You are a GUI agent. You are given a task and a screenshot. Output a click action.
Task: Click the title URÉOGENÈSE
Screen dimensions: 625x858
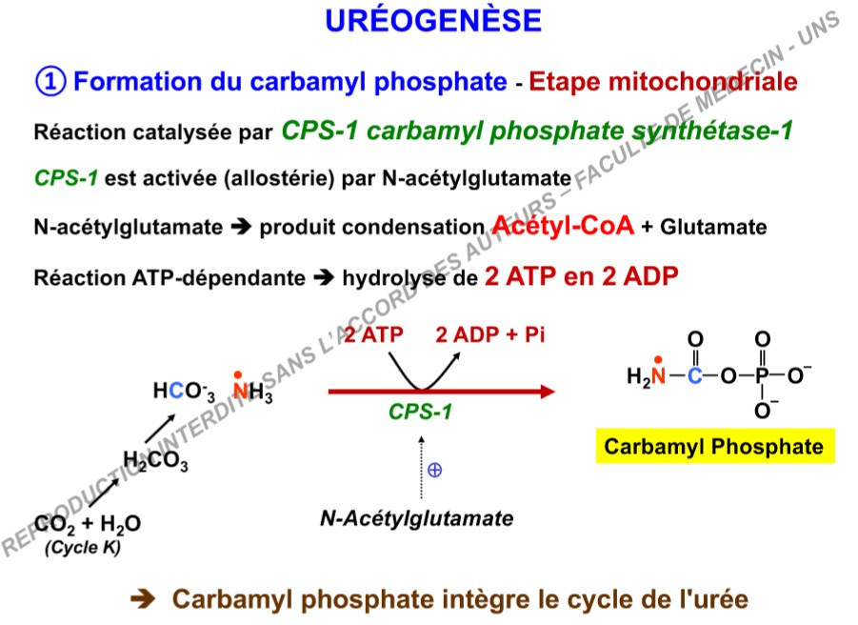point(433,21)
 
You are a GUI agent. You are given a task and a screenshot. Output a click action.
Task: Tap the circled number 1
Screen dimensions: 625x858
point(50,81)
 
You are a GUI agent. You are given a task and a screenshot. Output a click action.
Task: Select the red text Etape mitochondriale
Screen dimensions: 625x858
point(663,81)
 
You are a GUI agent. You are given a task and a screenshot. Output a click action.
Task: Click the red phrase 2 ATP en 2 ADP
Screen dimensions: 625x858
point(579,277)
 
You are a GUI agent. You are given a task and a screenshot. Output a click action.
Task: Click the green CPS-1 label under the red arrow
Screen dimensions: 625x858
point(420,413)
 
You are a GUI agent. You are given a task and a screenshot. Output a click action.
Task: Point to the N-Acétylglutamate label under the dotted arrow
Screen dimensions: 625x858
point(416,519)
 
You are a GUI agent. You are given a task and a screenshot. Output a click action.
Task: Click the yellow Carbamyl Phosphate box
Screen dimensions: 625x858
point(714,446)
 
